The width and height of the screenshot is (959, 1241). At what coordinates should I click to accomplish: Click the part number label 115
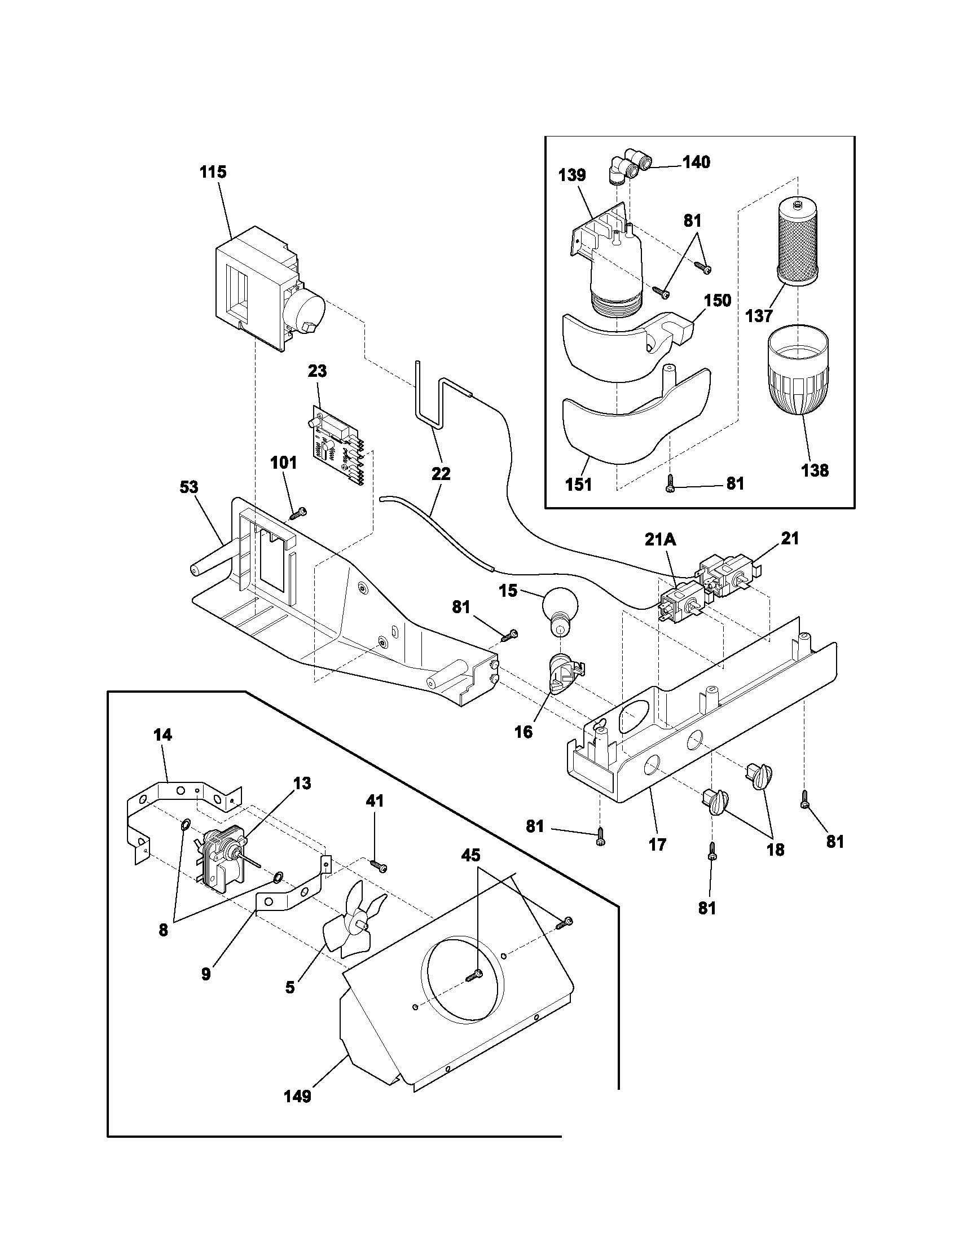(213, 172)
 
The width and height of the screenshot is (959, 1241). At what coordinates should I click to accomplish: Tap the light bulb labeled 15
(561, 608)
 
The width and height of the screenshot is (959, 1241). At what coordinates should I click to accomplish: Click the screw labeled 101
(298, 514)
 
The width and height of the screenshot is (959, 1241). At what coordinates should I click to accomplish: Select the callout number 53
(189, 487)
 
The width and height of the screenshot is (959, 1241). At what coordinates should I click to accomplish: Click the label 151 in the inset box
(578, 485)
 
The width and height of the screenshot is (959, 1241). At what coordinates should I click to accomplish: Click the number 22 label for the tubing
(441, 473)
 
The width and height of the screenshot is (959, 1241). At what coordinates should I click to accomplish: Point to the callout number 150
(718, 300)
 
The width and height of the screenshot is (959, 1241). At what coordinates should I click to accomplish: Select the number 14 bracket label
(162, 734)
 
